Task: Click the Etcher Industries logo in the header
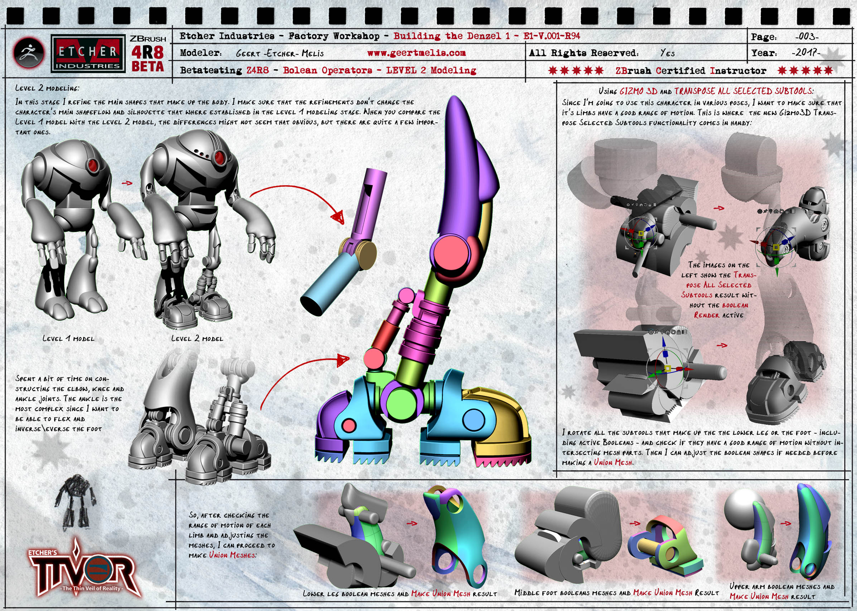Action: (x=88, y=54)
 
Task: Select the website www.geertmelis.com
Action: (x=416, y=53)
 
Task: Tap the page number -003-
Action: (x=807, y=36)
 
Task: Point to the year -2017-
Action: (x=806, y=52)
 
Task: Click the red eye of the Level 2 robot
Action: (x=219, y=157)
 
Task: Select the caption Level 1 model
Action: (x=68, y=338)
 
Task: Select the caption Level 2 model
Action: (x=197, y=338)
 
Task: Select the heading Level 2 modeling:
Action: (x=47, y=88)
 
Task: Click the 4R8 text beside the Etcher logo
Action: (x=147, y=52)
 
